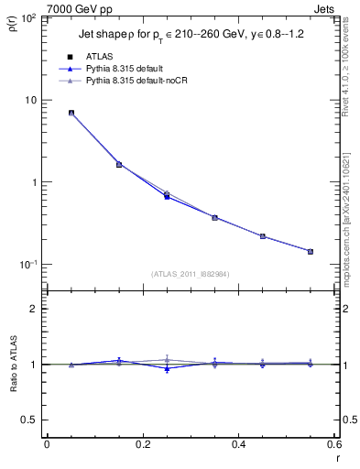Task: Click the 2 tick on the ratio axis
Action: click(x=35, y=309)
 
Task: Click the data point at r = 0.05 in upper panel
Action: click(x=71, y=113)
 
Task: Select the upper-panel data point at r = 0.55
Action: click(x=310, y=251)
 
